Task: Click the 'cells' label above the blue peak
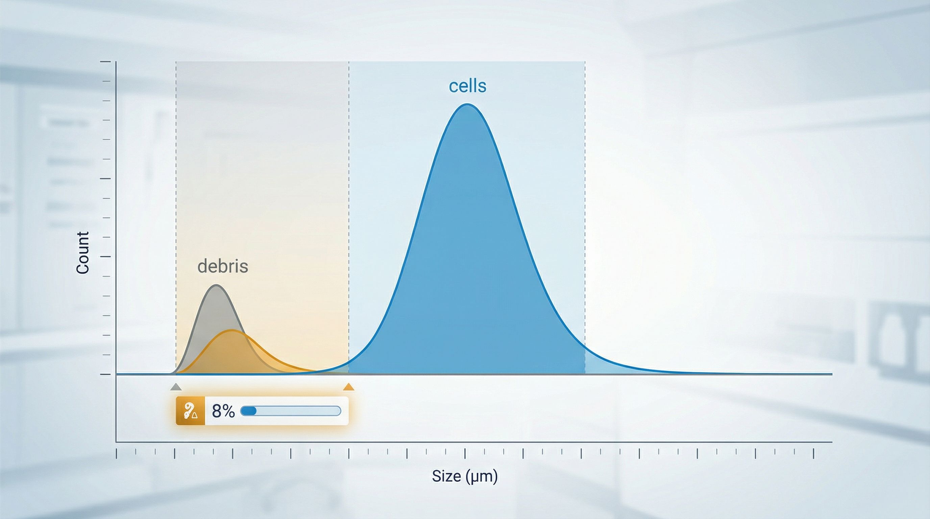pos(467,86)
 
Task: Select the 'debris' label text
pos(223,266)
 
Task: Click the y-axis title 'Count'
pos(83,253)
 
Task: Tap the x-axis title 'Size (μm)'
pos(465,476)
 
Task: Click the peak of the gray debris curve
pos(216,286)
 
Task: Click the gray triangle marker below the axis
pos(176,387)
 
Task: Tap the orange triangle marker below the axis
pos(348,387)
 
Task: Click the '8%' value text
pos(223,411)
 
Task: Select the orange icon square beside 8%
pos(190,411)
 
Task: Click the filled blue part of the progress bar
pos(248,411)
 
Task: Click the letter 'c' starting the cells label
pos(453,87)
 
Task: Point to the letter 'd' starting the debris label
pos(202,266)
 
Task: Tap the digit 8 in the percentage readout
pos(217,411)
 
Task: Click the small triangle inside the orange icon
pos(195,415)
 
